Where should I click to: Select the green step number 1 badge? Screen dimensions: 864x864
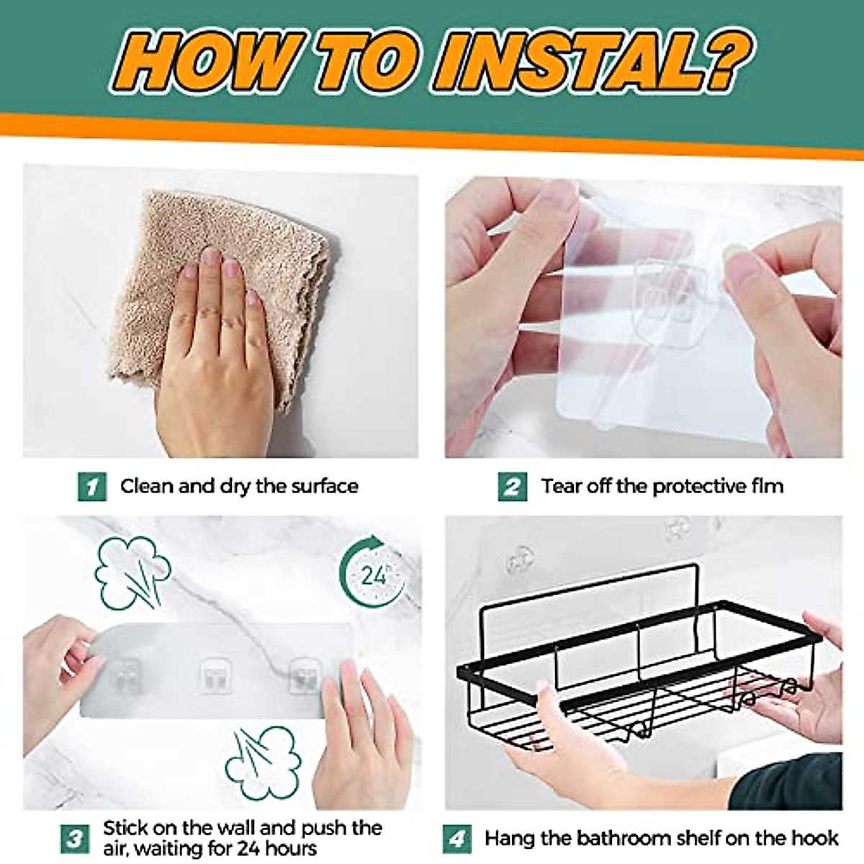[91, 487]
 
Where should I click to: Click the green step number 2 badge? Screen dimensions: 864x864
[511, 487]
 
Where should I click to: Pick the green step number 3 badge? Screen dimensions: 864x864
[75, 838]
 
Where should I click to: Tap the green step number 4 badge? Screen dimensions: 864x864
[457, 839]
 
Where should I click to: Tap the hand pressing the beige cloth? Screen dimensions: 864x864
[216, 353]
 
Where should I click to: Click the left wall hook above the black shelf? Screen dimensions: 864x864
[521, 561]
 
